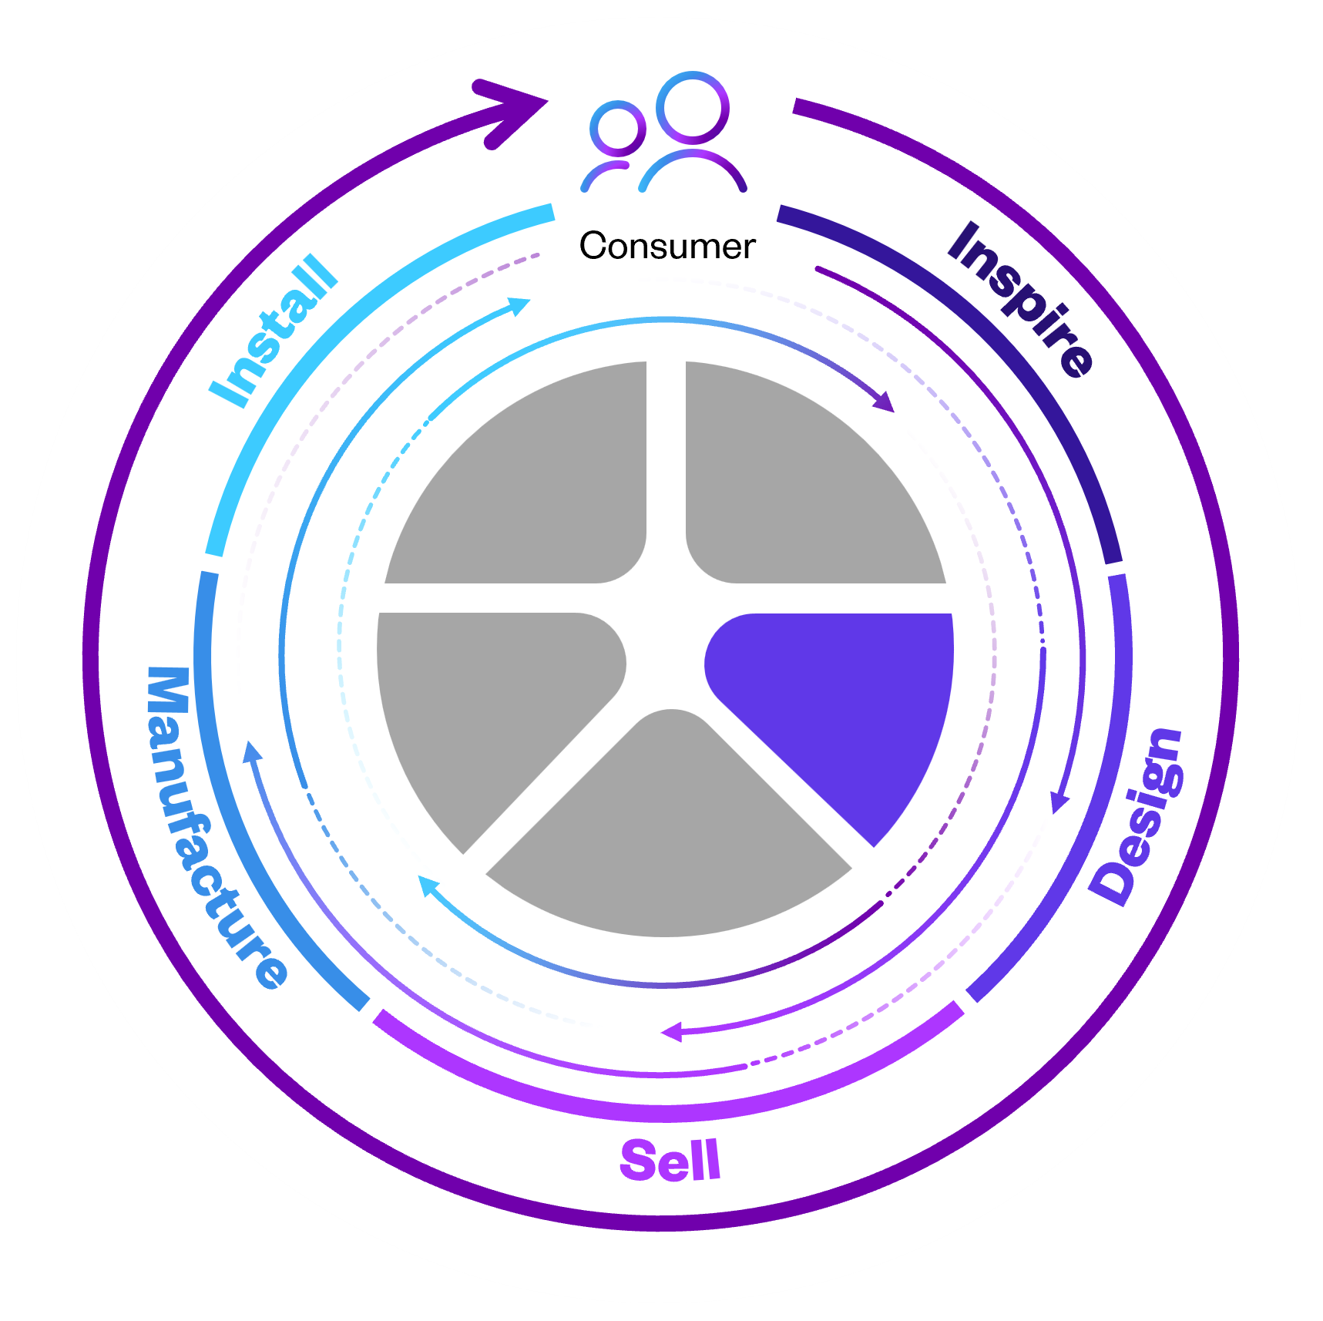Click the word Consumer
(667, 247)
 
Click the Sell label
(670, 1161)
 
